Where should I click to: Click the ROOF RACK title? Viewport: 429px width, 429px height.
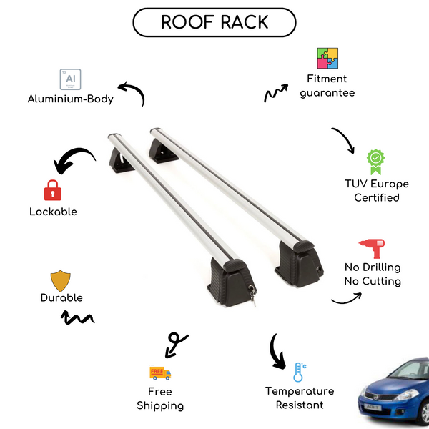click(214, 21)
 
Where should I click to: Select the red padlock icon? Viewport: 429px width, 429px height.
click(52, 191)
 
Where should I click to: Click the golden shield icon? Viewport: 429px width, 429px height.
click(61, 280)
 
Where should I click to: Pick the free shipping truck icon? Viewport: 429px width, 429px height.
click(160, 373)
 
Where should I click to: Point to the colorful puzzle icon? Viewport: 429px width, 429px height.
click(327, 59)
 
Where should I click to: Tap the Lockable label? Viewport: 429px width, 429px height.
click(53, 212)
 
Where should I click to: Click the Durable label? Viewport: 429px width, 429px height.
click(61, 297)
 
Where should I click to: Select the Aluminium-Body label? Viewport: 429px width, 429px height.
click(71, 99)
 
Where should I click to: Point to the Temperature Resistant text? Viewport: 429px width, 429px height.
click(299, 398)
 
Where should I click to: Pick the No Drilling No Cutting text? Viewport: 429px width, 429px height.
click(372, 275)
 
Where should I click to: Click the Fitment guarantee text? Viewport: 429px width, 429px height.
click(327, 86)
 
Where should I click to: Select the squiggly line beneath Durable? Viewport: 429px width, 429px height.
click(79, 318)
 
